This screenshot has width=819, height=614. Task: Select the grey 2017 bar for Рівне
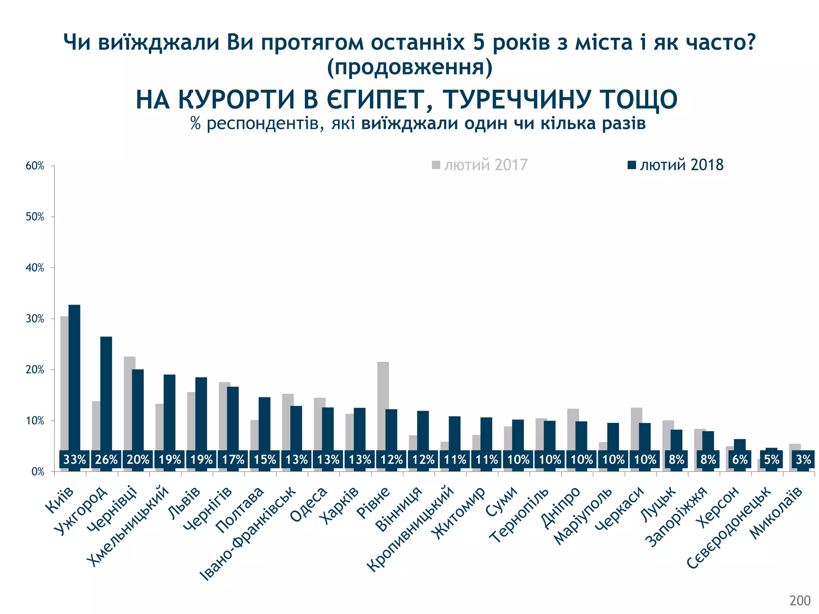[383, 404]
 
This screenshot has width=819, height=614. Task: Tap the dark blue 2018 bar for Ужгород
[106, 392]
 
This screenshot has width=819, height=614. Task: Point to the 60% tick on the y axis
[35, 166]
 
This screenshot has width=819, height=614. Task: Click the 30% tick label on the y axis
[35, 319]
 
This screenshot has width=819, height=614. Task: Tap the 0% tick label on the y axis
[38, 472]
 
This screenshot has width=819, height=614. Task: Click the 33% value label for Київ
[74, 460]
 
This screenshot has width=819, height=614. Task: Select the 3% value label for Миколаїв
[803, 460]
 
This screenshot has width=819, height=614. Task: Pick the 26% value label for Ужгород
[106, 460]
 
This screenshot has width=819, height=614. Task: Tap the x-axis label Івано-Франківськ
[248, 533]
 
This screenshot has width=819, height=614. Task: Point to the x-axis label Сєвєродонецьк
[728, 528]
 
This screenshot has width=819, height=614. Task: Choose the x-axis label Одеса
[309, 504]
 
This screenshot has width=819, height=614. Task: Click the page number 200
[800, 600]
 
